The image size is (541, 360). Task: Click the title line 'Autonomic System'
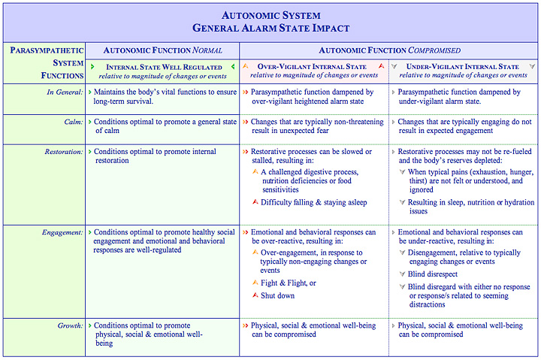tap(270, 15)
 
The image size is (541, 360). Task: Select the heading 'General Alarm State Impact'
tap(270, 29)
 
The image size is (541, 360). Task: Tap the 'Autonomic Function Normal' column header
tap(162, 50)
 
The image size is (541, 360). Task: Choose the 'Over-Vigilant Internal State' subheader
tap(315, 67)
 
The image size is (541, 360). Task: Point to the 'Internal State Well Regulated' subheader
tap(162, 67)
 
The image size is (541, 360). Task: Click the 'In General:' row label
tap(62, 92)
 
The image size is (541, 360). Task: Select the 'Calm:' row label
tap(72, 122)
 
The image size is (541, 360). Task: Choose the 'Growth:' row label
tap(68, 326)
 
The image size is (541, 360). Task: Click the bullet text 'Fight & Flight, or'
tap(288, 283)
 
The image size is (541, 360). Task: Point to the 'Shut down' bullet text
tap(277, 295)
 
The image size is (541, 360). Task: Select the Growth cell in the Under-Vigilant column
tap(460, 330)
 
